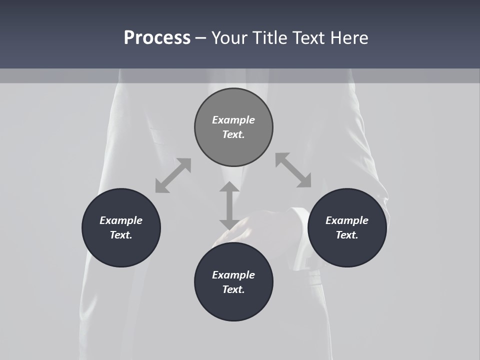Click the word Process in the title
point(157,38)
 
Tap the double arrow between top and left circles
point(173,175)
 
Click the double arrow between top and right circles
point(293,170)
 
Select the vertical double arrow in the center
point(229,205)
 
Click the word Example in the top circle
point(233,120)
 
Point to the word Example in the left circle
point(121,220)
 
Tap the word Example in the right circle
point(347,220)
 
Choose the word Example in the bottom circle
point(233,275)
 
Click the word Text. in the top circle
point(233,134)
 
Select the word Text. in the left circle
point(121,235)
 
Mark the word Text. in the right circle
point(347,235)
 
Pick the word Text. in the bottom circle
point(233,289)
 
